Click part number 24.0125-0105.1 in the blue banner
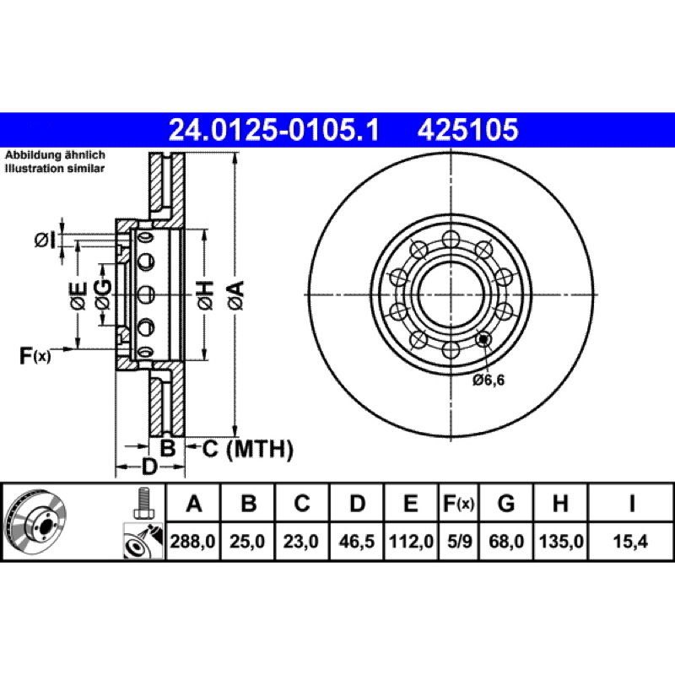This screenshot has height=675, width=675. (x=273, y=130)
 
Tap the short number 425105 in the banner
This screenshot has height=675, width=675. (x=467, y=130)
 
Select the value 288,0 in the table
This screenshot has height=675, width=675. (x=193, y=541)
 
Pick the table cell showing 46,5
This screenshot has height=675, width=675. (x=356, y=541)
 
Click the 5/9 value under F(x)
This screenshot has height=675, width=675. (x=459, y=541)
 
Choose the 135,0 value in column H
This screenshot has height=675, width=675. (x=561, y=541)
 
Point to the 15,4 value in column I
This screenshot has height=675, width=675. (x=630, y=541)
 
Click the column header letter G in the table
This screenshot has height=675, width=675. (x=506, y=503)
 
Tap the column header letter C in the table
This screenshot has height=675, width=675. (x=302, y=503)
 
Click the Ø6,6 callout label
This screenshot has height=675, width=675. (x=489, y=381)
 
